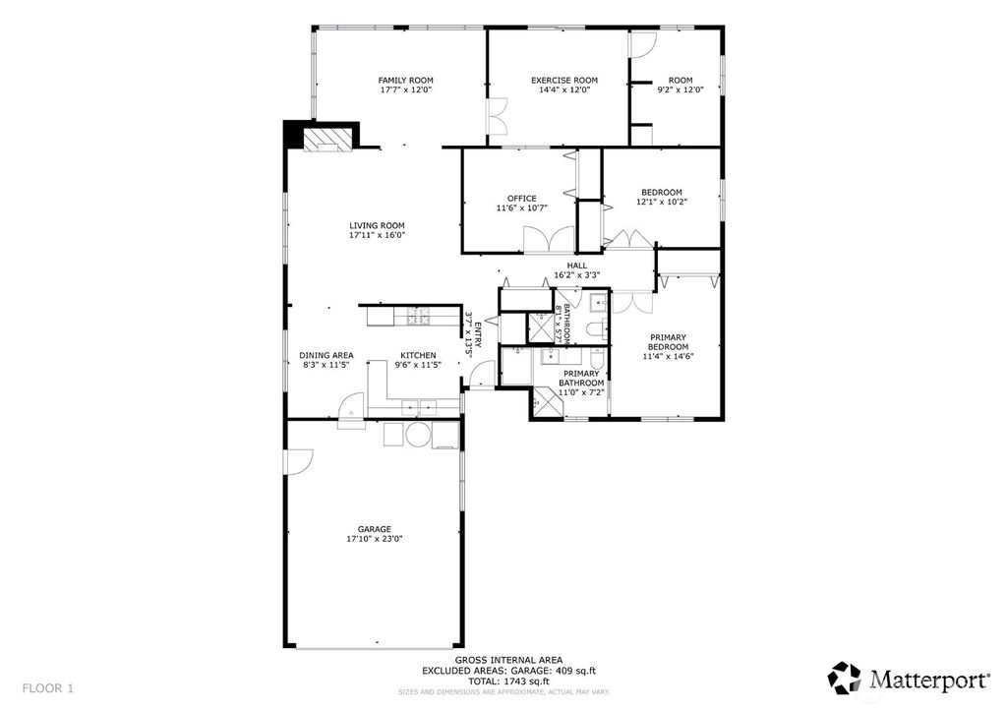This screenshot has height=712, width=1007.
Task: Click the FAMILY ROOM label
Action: (x=406, y=81)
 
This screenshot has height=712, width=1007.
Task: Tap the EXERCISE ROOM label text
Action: (x=564, y=81)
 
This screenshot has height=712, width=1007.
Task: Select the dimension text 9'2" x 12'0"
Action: (x=681, y=90)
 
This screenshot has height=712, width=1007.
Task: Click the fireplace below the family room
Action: (x=326, y=141)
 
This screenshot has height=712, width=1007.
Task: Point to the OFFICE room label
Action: (x=522, y=199)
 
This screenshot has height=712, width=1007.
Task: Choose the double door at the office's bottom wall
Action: (x=548, y=241)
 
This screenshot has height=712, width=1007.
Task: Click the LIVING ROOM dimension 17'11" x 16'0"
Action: (x=377, y=236)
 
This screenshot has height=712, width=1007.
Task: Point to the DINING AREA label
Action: (x=326, y=355)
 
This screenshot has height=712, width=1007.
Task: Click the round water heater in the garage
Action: (x=418, y=435)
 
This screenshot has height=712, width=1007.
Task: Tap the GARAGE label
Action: (x=375, y=528)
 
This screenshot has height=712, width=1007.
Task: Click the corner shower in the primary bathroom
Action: (x=544, y=400)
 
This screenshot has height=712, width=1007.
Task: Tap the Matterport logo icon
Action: (x=844, y=678)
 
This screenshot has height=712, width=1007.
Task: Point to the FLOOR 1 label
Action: (x=47, y=686)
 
